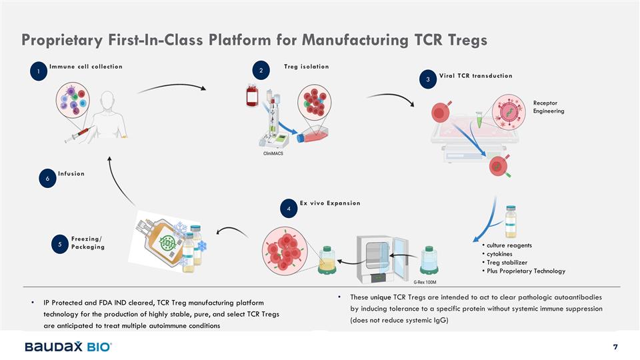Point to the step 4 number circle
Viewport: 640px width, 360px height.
(288, 209)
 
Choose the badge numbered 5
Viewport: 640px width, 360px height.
(60, 245)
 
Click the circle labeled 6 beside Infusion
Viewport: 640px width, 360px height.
(47, 179)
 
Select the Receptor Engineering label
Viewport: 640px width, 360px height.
(549, 107)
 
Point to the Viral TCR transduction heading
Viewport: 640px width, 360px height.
(476, 75)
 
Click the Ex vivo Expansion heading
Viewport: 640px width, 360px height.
(330, 203)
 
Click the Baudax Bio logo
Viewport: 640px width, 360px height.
(68, 347)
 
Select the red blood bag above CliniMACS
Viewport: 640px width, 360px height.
(252, 96)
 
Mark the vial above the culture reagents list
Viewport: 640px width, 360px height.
(511, 221)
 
